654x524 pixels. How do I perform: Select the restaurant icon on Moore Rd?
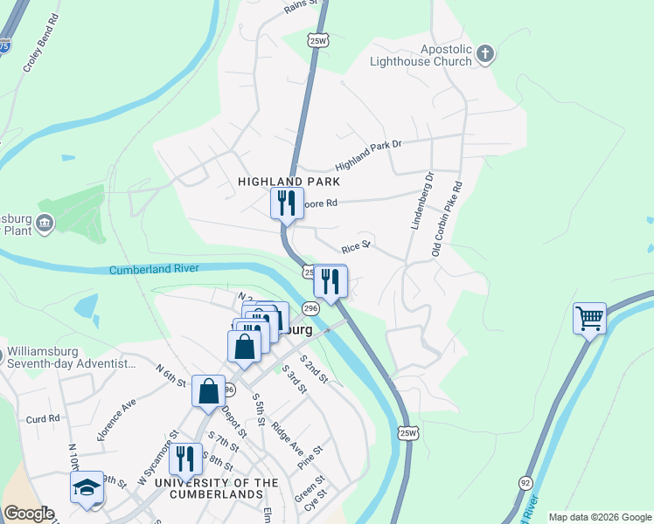click(x=287, y=203)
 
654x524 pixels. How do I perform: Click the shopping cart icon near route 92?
click(x=590, y=318)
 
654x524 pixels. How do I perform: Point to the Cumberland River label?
click(x=154, y=270)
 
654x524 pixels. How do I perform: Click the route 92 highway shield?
click(x=525, y=481)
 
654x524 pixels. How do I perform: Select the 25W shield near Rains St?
click(x=318, y=40)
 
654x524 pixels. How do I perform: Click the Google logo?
click(x=29, y=514)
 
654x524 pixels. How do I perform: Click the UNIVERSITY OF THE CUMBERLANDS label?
click(x=217, y=488)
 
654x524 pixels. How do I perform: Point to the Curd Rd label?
click(x=43, y=418)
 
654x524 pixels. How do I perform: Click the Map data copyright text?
click(x=599, y=517)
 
